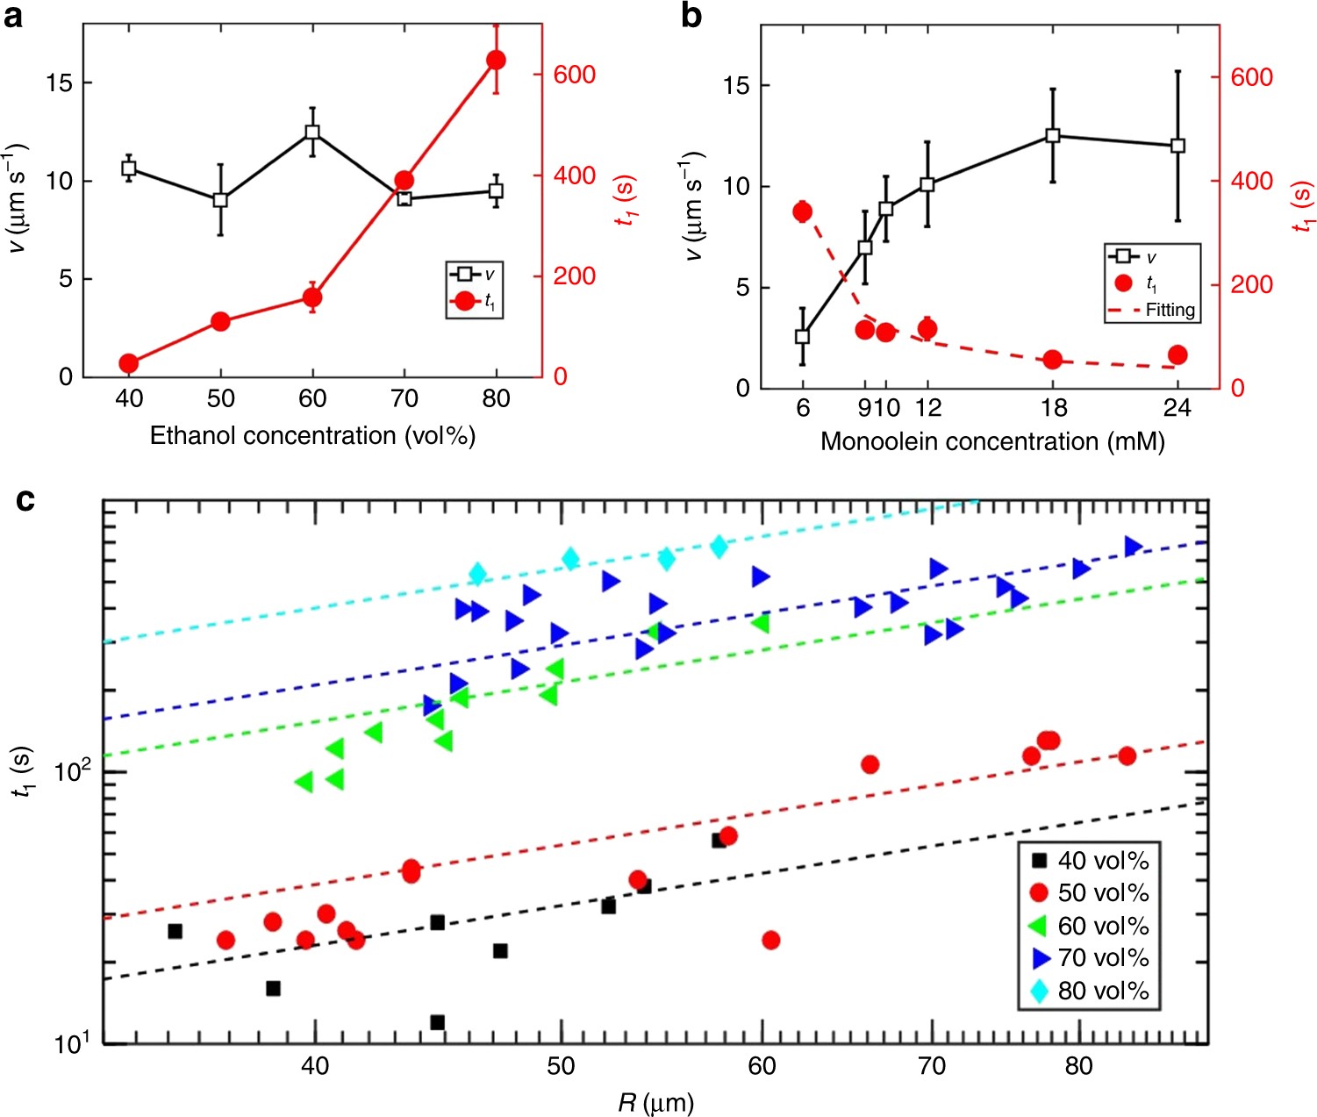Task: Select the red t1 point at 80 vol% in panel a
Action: point(496,60)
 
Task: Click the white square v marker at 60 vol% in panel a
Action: point(312,132)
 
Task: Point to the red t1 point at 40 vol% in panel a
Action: point(129,363)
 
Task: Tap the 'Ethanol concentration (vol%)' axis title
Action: point(312,436)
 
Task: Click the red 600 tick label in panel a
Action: point(575,75)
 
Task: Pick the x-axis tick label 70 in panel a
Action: point(404,398)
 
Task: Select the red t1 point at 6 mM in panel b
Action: point(802,211)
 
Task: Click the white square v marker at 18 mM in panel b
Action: point(1053,136)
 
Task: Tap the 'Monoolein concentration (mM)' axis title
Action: point(992,441)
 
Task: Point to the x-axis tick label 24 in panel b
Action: point(1177,408)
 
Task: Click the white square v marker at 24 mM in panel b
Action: point(1177,146)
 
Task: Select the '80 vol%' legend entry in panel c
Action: point(1103,991)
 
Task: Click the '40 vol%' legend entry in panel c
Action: point(1103,861)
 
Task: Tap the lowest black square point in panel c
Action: point(437,1022)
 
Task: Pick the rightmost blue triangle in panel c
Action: point(1133,547)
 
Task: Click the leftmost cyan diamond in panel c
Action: point(477,574)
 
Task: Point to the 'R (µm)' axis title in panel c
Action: point(655,1102)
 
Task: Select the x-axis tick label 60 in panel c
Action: point(762,1066)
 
